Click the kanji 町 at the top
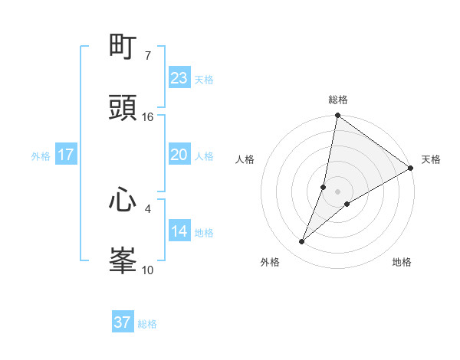(123, 47)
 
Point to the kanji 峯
(123, 261)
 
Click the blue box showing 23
(179, 78)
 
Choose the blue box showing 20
(179, 155)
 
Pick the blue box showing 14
(179, 231)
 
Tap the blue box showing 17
(66, 155)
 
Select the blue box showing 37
(123, 322)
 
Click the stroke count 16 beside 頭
(148, 117)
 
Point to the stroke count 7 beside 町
(148, 56)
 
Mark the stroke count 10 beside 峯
(148, 270)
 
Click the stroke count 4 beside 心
(148, 208)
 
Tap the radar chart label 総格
(338, 100)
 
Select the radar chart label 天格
(431, 159)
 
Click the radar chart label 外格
(269, 262)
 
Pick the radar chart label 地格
(402, 262)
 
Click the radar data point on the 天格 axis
(411, 168)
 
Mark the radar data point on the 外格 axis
(302, 242)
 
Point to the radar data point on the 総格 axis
(338, 116)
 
